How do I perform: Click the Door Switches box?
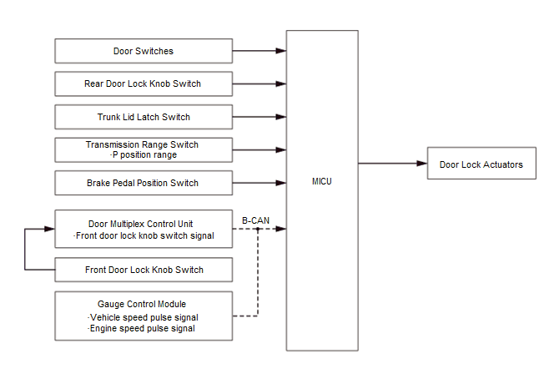143,51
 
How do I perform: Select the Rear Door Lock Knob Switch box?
143,83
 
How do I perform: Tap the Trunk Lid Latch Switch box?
143,117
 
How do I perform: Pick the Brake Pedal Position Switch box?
143,183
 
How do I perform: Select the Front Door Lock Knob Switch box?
143,270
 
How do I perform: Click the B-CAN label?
255,220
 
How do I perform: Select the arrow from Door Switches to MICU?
259,51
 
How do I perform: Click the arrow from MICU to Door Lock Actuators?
392,164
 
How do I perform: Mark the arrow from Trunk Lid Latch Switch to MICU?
259,117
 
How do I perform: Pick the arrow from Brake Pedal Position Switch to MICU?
259,183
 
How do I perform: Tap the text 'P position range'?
144,155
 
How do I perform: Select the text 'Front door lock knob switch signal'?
144,235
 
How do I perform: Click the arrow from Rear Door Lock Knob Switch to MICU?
259,83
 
